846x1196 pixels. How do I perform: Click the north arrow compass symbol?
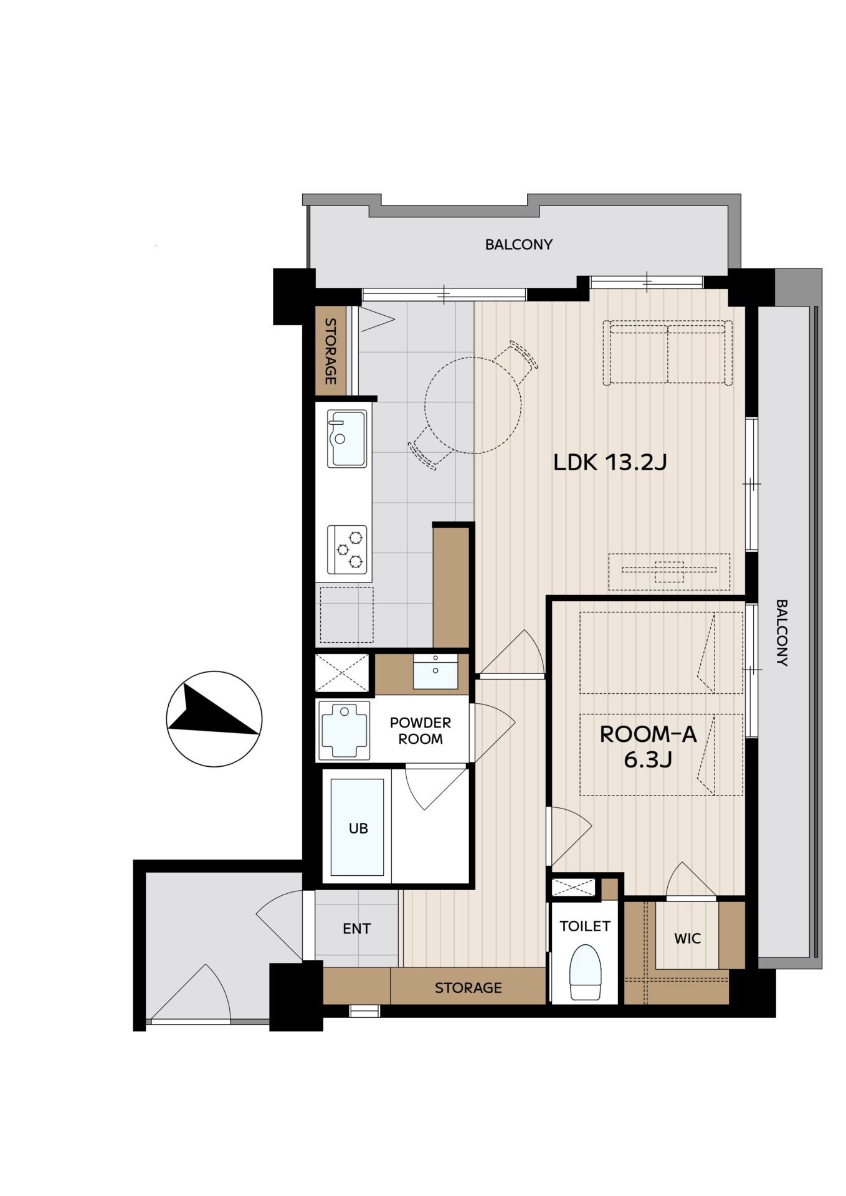pyautogui.click(x=214, y=719)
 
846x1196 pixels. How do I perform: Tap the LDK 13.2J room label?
pyautogui.click(x=610, y=462)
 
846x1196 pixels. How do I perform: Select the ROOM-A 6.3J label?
pyautogui.click(x=648, y=747)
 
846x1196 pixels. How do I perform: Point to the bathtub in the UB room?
pyautogui.click(x=357, y=827)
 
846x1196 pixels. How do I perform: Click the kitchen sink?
pyautogui.click(x=347, y=439)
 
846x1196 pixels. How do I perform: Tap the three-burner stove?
pyautogui.click(x=347, y=550)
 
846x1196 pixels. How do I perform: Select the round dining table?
pyautogui.click(x=473, y=405)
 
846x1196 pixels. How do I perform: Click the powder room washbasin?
pyautogui.click(x=435, y=671)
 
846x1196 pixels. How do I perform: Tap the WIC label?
pyautogui.click(x=687, y=938)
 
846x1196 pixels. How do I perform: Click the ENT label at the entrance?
pyautogui.click(x=356, y=929)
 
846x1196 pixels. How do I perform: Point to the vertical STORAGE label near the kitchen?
pyautogui.click(x=330, y=351)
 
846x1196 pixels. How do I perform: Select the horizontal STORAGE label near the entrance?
pyautogui.click(x=468, y=988)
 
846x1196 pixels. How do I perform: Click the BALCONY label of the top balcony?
pyautogui.click(x=518, y=244)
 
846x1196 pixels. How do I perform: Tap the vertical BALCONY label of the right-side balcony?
pyautogui.click(x=782, y=633)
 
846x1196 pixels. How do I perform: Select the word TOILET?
pyautogui.click(x=585, y=926)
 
